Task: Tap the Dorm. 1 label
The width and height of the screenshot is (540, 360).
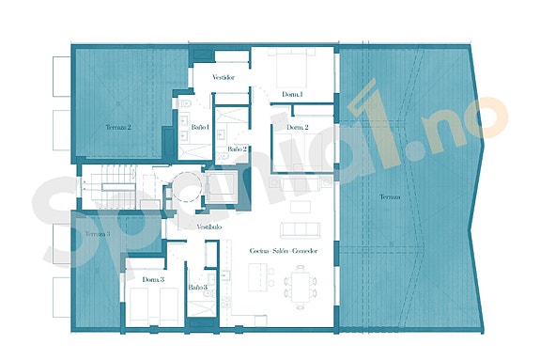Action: (x=292, y=94)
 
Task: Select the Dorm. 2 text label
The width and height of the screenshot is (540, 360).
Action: (x=298, y=127)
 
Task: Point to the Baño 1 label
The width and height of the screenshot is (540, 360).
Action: (x=199, y=125)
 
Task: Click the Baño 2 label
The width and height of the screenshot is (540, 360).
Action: (x=237, y=149)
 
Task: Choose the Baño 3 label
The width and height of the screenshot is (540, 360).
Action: (x=197, y=287)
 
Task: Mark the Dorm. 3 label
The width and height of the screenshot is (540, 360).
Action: (x=154, y=279)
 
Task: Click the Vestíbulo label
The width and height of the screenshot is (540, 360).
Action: (x=208, y=227)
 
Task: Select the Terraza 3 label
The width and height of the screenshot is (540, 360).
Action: (x=97, y=233)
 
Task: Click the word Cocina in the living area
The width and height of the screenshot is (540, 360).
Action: (x=260, y=252)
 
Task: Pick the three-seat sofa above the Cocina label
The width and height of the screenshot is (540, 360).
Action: (x=301, y=229)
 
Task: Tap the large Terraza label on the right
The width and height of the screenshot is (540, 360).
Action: (x=390, y=196)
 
